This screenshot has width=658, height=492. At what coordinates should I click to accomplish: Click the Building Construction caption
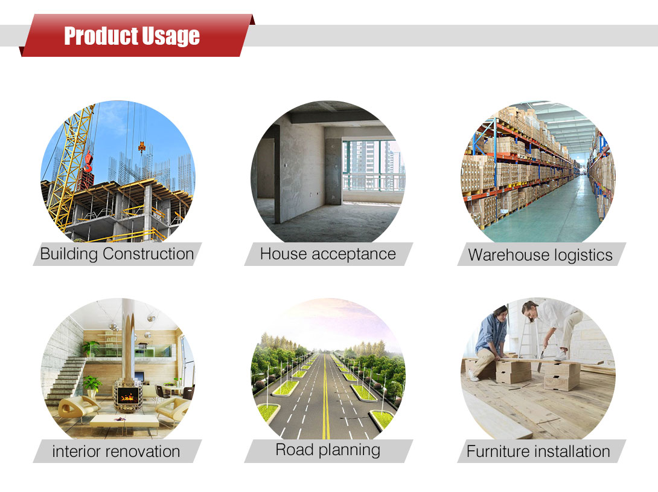point(117,254)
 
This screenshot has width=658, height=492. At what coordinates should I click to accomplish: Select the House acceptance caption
point(328,254)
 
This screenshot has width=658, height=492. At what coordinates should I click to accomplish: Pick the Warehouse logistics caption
point(540,255)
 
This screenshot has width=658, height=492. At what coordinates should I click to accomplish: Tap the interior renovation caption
point(117,452)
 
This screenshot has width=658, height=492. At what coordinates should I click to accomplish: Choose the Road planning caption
point(328,450)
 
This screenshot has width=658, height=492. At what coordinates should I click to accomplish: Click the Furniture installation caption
point(538,452)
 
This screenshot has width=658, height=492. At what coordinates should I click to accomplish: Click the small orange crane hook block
point(142,147)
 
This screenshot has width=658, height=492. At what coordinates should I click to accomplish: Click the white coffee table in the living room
point(124,421)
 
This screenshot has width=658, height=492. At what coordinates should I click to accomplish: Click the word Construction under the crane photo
point(148,254)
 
